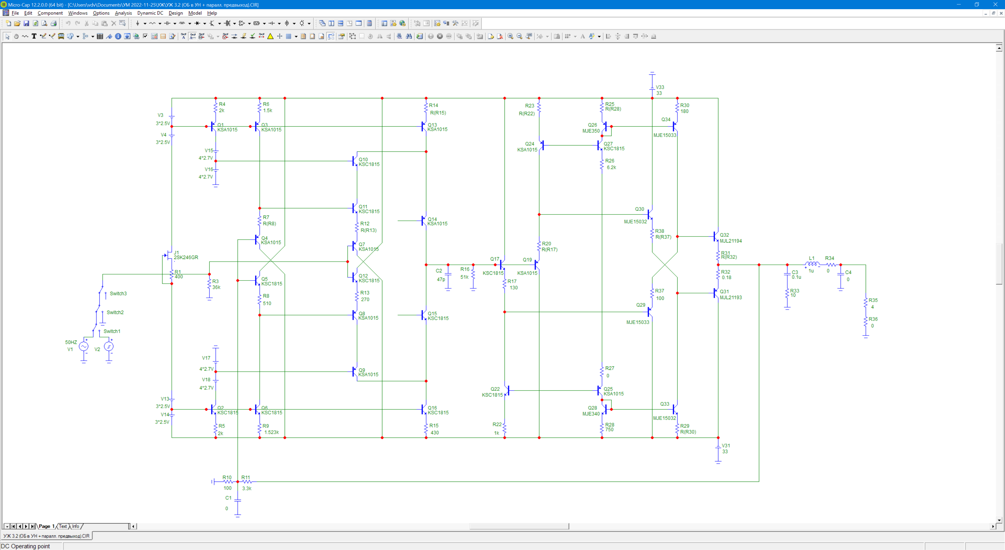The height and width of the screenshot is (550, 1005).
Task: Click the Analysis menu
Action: [123, 13]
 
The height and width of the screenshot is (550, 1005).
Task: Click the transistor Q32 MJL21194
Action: [716, 236]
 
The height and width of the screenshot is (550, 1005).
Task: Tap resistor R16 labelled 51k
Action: [473, 273]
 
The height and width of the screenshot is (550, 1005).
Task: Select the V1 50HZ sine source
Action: [83, 346]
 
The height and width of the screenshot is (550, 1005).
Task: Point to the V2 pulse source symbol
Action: [109, 346]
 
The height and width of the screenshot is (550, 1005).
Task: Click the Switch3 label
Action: [118, 294]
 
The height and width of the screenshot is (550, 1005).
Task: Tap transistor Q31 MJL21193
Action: [716, 293]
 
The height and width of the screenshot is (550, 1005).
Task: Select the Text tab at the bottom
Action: [63, 526]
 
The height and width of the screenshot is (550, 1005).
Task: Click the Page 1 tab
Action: [46, 526]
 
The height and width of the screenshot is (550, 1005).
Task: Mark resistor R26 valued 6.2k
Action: [602, 164]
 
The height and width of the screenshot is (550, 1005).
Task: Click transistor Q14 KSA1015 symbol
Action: [424, 221]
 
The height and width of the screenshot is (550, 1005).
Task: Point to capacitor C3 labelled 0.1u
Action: [787, 274]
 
